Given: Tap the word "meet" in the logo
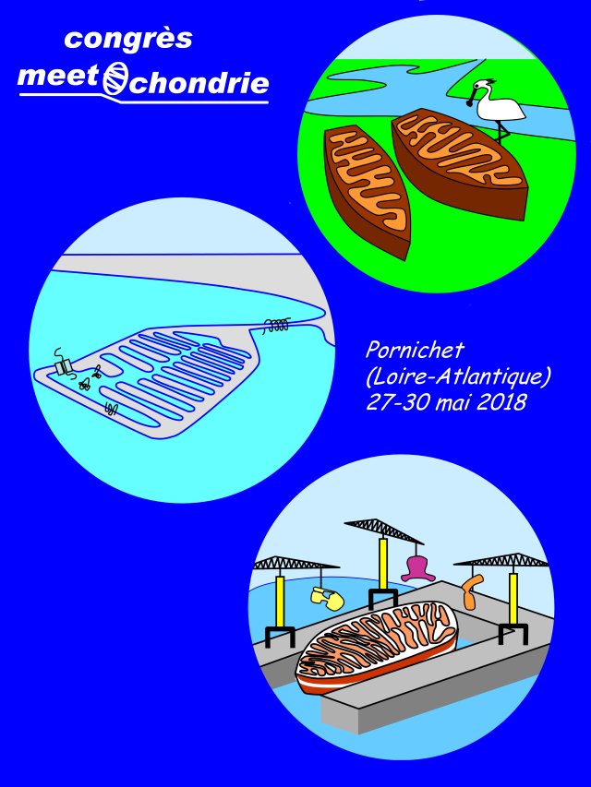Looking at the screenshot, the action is [58, 78].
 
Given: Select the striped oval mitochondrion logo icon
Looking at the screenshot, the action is [115, 78].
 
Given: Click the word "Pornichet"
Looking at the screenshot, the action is [415, 350].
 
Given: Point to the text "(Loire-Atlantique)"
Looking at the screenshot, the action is [458, 376].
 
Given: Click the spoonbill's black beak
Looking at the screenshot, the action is [471, 97].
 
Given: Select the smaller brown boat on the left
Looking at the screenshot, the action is [368, 192].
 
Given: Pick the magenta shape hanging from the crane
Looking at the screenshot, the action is [418, 568].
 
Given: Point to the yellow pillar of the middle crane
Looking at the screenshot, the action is [383, 564].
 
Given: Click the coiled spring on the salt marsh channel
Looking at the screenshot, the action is [276, 326].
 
